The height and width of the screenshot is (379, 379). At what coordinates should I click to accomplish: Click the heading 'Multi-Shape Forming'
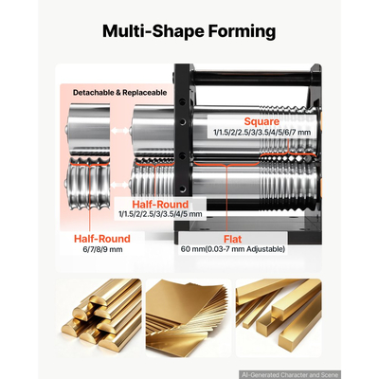coord(189,31)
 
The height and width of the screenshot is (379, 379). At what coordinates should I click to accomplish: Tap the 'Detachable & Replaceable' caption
coord(119,93)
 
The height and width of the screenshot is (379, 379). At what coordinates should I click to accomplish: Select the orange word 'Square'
coord(262,121)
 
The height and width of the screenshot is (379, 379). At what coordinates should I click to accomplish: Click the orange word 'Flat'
coord(233,239)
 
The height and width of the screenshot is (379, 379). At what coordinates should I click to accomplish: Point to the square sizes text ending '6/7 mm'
coord(262,133)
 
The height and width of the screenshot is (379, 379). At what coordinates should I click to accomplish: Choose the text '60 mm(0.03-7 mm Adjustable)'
coord(233,249)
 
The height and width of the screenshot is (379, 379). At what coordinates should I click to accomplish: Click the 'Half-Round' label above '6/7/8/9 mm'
coord(102,239)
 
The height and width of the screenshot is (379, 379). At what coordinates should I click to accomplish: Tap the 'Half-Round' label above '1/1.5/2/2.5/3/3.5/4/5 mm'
coord(160,204)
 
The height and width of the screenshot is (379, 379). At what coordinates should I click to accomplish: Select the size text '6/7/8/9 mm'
coord(102,249)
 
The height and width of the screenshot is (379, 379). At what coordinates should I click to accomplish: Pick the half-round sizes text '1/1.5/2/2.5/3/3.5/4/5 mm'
coord(160,214)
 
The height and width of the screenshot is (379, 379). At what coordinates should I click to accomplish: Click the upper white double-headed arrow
coord(121,131)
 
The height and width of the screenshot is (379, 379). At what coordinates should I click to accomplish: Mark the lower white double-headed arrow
coord(121,184)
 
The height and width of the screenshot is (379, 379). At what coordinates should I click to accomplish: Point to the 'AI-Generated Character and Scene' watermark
coord(290,375)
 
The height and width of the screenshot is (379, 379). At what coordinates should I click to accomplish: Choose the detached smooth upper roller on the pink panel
coord(89,130)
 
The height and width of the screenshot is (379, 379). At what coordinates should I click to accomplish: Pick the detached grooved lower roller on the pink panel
coord(89,185)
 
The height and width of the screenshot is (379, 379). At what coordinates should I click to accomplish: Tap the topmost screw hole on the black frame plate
coord(182,101)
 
